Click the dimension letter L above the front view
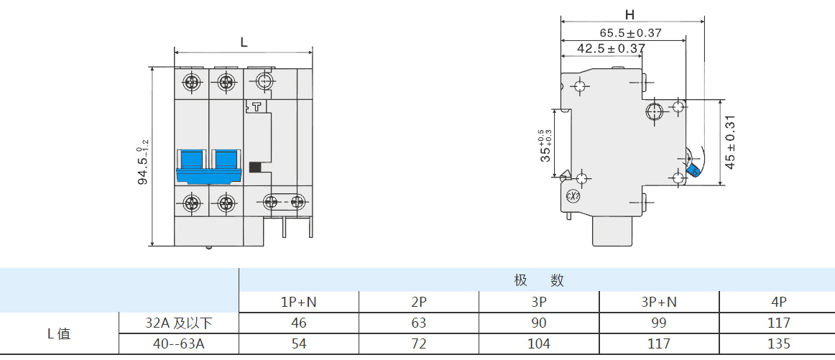(244, 43)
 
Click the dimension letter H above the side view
(630, 14)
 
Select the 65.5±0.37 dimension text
(630, 32)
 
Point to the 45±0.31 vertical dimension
(730, 142)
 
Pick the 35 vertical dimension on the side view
(545, 146)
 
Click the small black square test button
(254, 167)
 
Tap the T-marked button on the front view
(254, 107)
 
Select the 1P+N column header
(299, 302)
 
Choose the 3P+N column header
(659, 302)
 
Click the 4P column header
(779, 302)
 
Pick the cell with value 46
(299, 323)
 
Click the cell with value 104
(539, 343)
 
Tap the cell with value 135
(779, 343)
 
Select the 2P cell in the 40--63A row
(419, 343)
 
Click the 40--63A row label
(178, 343)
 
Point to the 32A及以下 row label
(178, 323)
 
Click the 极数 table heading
(538, 280)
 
